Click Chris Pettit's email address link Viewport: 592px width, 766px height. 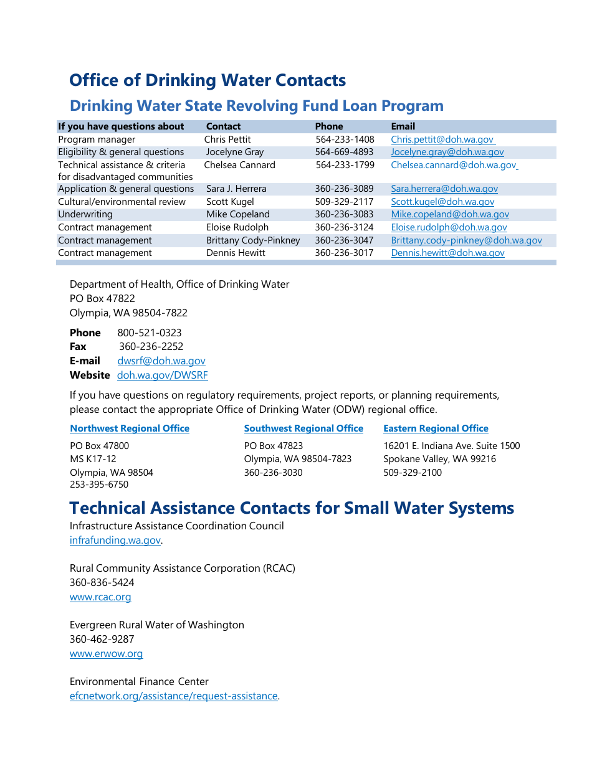(x=442, y=139)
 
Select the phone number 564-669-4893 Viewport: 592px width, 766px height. (x=344, y=152)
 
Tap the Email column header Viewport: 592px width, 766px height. (x=403, y=126)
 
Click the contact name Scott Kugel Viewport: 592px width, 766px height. (x=230, y=202)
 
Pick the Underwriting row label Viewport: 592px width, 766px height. (x=85, y=214)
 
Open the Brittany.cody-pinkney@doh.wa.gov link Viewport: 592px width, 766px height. (x=466, y=240)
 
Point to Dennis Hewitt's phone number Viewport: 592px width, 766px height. (x=344, y=253)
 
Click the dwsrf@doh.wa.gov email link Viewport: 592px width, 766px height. (x=161, y=361)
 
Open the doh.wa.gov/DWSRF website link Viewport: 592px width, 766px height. (x=163, y=375)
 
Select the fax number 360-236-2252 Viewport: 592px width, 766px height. (x=151, y=346)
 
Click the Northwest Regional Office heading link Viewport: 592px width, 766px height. (x=130, y=428)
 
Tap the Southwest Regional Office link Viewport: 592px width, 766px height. (x=303, y=428)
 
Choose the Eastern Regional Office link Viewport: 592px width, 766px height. (x=436, y=428)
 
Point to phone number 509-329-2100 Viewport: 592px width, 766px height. (x=413, y=473)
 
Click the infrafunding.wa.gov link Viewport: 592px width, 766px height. (x=115, y=540)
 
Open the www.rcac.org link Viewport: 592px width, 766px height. (x=100, y=597)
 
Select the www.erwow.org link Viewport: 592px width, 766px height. (x=106, y=653)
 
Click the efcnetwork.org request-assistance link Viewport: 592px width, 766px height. (x=173, y=696)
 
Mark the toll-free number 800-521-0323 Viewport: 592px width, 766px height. (x=150, y=333)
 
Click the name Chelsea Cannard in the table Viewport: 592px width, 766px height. (x=239, y=165)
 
